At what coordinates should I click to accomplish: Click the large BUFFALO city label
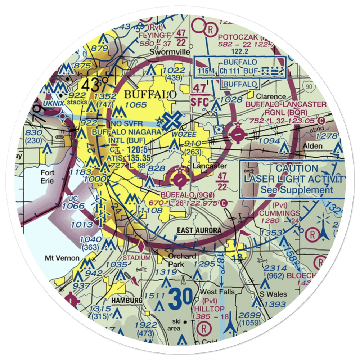click(150, 95)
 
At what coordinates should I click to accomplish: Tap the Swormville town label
click(170, 52)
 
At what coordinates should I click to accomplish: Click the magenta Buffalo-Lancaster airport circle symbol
click(238, 135)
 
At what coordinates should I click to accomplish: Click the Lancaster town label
click(210, 166)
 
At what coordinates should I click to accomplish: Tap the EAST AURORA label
click(199, 230)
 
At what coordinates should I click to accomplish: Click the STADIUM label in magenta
click(136, 258)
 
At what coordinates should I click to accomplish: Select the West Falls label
click(217, 292)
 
